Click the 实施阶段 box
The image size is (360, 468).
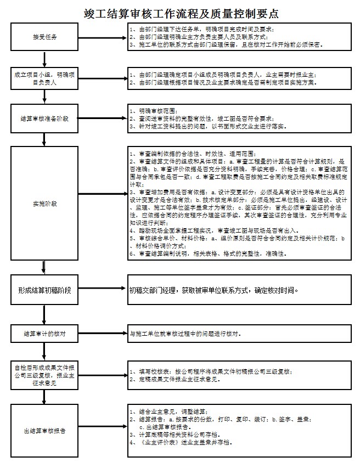pyautogui.click(x=44, y=204)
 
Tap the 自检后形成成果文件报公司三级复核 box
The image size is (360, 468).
pyautogui.click(x=44, y=375)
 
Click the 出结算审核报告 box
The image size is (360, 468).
pyautogui.click(x=44, y=430)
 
